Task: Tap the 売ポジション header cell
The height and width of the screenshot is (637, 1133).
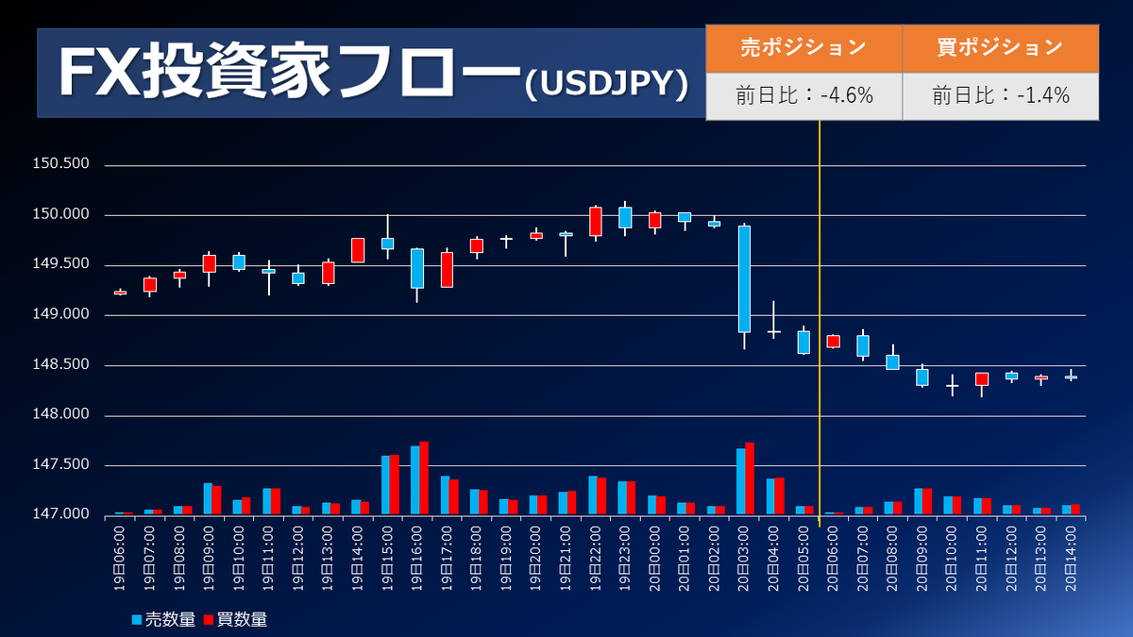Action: [x=803, y=48]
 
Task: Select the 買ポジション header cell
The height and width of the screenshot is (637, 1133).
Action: [x=1000, y=48]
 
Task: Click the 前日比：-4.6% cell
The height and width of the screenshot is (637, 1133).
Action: [x=803, y=95]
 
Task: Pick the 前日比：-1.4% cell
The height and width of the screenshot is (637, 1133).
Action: [x=1000, y=95]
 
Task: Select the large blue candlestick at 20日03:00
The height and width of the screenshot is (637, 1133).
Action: [x=744, y=278]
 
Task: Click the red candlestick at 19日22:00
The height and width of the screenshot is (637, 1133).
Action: [x=596, y=221]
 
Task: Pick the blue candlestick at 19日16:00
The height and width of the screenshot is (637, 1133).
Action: [x=417, y=268]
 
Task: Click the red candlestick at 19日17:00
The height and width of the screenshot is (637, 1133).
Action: [x=447, y=269]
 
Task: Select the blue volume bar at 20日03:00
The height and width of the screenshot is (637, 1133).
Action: [x=740, y=481]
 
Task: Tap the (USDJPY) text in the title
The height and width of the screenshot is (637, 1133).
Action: [x=605, y=85]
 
